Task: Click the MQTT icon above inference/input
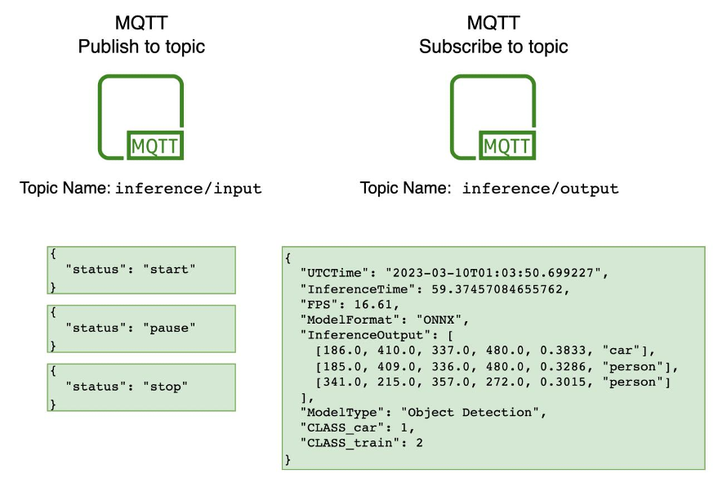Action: pyautogui.click(x=140, y=116)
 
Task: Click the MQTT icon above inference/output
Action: pyautogui.click(x=493, y=116)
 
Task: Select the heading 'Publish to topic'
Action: pyautogui.click(x=141, y=47)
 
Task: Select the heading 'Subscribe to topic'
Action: pyautogui.click(x=493, y=47)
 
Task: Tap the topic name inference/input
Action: pyautogui.click(x=188, y=189)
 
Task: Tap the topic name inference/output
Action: pyautogui.click(x=540, y=189)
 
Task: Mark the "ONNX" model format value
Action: pyautogui.click(x=444, y=319)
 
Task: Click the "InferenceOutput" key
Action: pyautogui.click(x=355, y=334)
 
